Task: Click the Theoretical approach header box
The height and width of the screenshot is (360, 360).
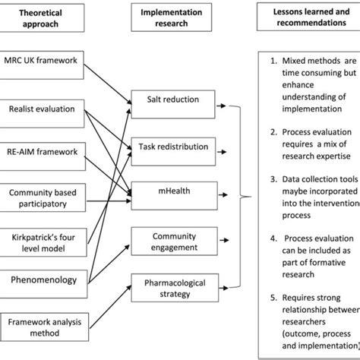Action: (x=42, y=18)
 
